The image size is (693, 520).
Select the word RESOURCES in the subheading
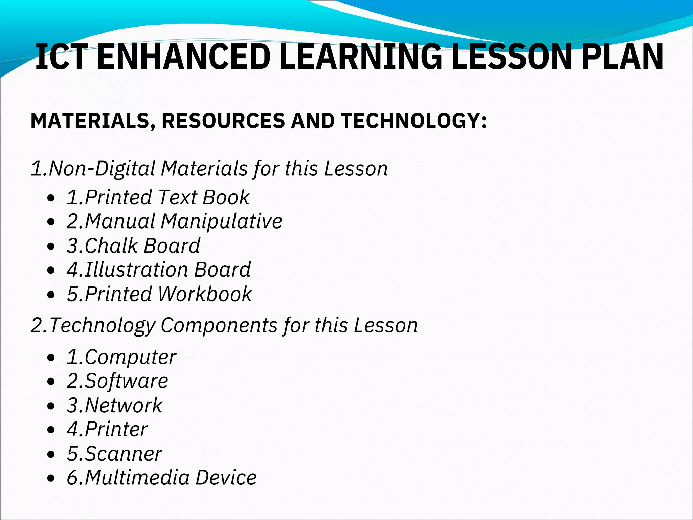223,121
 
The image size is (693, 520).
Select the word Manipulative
221,221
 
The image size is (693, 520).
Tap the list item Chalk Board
133,245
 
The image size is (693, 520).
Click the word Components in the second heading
219,325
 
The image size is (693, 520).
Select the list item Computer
121,357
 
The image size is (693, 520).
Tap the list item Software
117,381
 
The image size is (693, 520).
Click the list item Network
115,405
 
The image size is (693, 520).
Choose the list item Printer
107,429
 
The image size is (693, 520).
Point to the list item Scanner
114,454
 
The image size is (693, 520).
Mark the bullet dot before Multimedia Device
51,479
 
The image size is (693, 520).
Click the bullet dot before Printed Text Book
51,198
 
